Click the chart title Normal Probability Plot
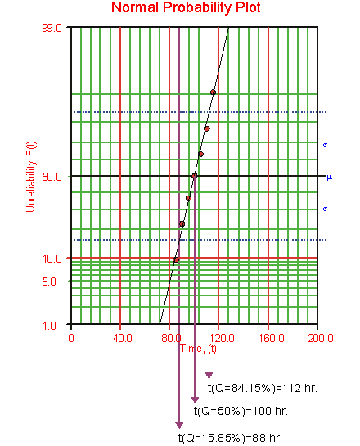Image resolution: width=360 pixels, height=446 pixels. [x=186, y=7]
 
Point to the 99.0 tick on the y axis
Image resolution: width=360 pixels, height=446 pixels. [x=52, y=28]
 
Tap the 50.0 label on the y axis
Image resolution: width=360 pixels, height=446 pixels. [x=52, y=177]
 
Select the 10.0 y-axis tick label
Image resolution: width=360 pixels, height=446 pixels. [x=52, y=259]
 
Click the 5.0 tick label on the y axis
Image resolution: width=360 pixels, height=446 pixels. [x=49, y=282]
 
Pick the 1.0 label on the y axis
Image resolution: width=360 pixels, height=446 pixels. [x=49, y=326]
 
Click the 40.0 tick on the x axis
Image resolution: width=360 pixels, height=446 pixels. [x=122, y=338]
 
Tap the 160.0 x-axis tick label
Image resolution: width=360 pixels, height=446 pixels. [x=272, y=338]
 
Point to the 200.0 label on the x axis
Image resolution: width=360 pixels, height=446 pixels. [x=321, y=338]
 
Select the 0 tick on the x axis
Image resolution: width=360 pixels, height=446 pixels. [x=71, y=338]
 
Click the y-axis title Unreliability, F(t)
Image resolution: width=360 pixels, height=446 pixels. [x=31, y=177]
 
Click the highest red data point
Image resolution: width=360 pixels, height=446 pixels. [x=213, y=92]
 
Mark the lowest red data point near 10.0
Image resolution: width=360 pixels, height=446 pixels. [x=176, y=259]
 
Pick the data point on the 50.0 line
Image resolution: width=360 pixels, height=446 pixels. [x=195, y=176]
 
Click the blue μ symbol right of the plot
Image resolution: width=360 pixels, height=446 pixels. [x=329, y=178]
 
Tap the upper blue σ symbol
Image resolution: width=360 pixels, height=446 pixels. [x=326, y=145]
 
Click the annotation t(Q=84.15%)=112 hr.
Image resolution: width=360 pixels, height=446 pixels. [x=262, y=388]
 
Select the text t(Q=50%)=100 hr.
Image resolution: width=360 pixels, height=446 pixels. [x=241, y=411]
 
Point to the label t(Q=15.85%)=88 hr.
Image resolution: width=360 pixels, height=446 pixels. [x=231, y=438]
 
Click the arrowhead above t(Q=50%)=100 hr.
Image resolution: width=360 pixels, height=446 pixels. [x=195, y=400]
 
